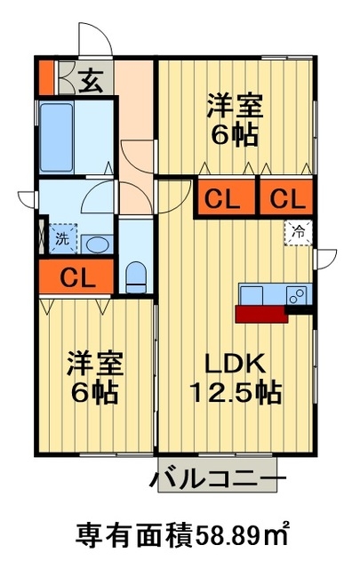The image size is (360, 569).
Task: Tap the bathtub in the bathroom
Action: [56, 137]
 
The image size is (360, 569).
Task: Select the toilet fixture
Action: [136, 276]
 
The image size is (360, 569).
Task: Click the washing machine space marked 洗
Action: [63, 238]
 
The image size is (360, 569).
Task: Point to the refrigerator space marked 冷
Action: [299, 233]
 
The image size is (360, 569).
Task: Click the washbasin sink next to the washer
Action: [97, 244]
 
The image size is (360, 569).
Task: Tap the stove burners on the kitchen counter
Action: [299, 294]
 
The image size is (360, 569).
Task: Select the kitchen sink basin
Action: [252, 295]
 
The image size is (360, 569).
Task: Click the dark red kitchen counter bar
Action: [261, 314]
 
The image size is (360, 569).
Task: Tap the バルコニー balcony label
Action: [218, 480]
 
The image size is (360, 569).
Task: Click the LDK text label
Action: [235, 364]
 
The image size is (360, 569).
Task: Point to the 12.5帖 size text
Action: [236, 392]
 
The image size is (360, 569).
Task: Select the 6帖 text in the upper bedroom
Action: [235, 135]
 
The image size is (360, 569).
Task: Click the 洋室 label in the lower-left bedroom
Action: [95, 364]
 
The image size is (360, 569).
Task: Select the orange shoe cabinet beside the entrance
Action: [46, 77]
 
